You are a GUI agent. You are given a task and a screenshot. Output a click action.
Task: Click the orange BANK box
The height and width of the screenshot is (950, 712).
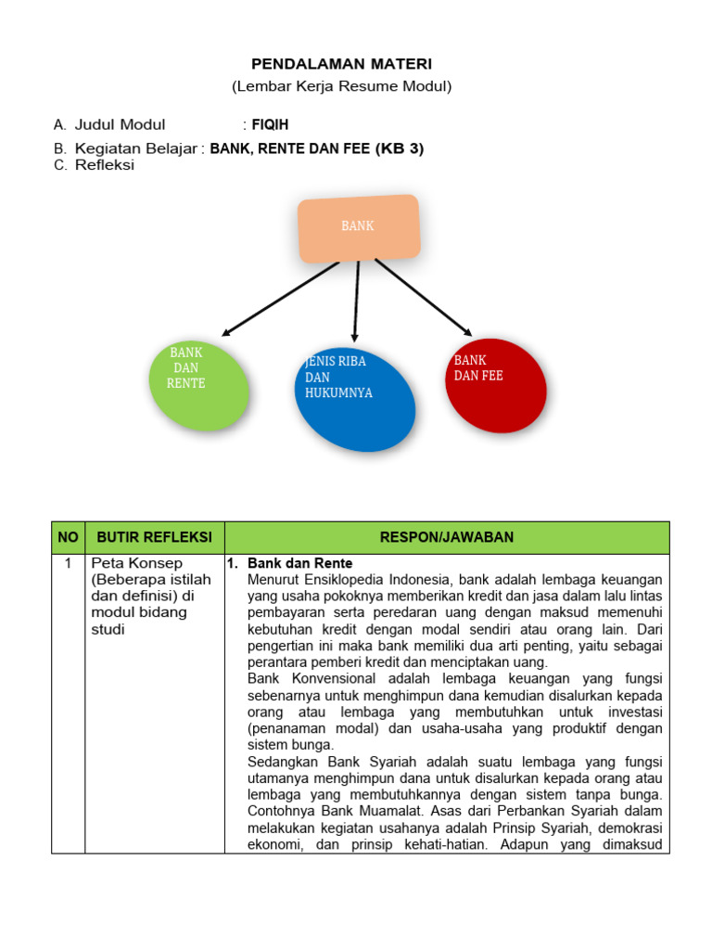pos(358,227)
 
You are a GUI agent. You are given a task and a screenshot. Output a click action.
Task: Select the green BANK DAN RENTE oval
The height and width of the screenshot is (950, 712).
pos(198,385)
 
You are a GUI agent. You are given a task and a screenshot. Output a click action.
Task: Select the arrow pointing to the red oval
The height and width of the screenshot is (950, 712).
pos(424,297)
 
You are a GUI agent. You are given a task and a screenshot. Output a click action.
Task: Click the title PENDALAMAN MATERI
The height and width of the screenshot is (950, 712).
pos(342,64)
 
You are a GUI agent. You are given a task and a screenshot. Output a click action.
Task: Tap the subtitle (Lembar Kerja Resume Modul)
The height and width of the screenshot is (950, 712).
pos(341,87)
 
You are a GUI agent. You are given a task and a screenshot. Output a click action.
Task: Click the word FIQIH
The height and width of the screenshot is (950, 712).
pos(271,124)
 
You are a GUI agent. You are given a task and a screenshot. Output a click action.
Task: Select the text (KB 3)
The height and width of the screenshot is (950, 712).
pos(399,148)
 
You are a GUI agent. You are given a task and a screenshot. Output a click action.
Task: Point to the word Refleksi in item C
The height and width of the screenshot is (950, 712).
pos(105,165)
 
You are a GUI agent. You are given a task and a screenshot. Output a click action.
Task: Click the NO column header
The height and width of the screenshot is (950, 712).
pos(68,537)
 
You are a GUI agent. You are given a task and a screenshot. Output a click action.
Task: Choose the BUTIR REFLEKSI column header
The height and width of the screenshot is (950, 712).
pos(155,537)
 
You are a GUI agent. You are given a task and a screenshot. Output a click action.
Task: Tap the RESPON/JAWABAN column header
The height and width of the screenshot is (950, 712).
pos(446,537)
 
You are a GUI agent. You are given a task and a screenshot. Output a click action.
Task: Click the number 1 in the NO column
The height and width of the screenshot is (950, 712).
pos(68,563)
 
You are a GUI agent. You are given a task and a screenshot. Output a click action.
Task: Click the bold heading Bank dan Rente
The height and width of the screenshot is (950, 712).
pos(300,563)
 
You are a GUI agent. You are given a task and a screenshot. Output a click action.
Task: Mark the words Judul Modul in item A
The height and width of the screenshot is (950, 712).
pos(120,124)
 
